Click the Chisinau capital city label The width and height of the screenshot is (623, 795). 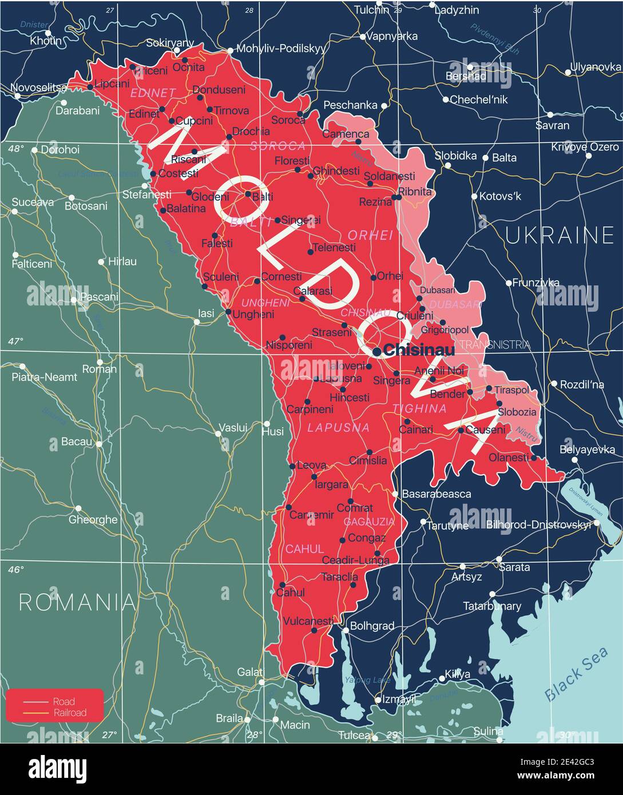[419, 349]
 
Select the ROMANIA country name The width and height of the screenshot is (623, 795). [77, 602]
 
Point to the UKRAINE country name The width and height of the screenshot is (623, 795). [559, 235]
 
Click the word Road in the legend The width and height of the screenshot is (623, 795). [64, 701]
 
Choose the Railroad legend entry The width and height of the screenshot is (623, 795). [69, 712]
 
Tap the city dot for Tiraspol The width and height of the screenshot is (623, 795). [489, 388]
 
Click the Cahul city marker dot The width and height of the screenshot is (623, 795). [282, 585]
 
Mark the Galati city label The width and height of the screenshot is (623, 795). [250, 672]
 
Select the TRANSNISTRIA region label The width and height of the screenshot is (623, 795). [495, 344]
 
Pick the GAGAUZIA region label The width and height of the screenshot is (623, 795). [369, 522]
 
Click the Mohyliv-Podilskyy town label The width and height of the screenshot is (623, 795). [280, 49]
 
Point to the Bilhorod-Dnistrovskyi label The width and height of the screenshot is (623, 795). [538, 524]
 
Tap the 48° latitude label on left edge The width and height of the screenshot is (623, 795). [16, 149]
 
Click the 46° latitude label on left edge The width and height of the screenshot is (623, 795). [16, 570]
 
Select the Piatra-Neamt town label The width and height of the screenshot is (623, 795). [44, 377]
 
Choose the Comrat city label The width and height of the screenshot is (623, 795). [355, 508]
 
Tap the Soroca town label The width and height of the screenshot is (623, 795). [288, 120]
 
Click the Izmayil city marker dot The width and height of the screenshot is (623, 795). [378, 699]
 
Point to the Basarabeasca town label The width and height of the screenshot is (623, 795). [437, 494]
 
